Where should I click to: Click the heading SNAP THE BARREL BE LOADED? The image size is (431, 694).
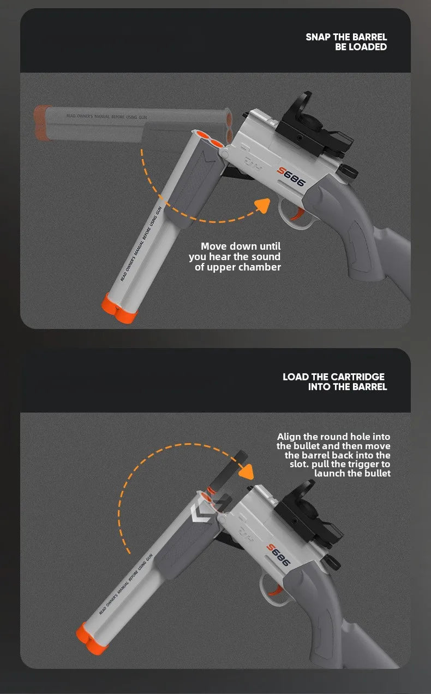pyautogui.click(x=346, y=42)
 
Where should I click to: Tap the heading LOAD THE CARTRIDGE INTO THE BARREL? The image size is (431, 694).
pyautogui.click(x=334, y=381)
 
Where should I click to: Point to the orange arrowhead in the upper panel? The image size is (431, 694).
pyautogui.click(x=263, y=205)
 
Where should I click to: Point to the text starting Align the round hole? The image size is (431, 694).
pyautogui.click(x=334, y=455)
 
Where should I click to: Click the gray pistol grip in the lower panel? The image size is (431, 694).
pyautogui.click(x=327, y=612)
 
